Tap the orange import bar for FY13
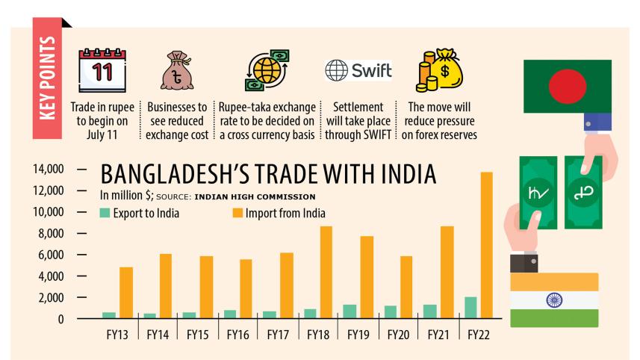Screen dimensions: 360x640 126,292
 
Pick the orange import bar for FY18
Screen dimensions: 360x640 325,272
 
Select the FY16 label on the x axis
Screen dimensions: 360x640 237,335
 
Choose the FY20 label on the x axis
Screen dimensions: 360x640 400,335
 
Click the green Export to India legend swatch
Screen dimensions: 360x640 105,214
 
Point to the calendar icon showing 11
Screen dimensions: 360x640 102,71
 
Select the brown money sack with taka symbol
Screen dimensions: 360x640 177,72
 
